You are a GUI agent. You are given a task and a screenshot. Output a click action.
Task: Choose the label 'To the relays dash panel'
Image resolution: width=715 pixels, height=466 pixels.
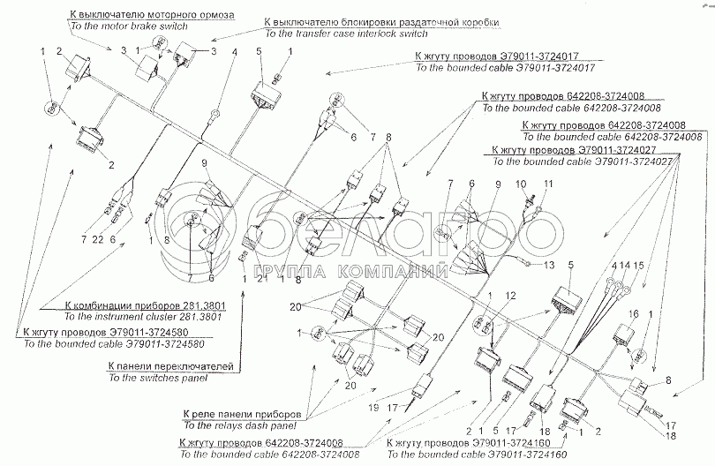(238, 425)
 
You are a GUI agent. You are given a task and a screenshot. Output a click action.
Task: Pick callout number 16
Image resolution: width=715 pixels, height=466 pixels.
(632, 315)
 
